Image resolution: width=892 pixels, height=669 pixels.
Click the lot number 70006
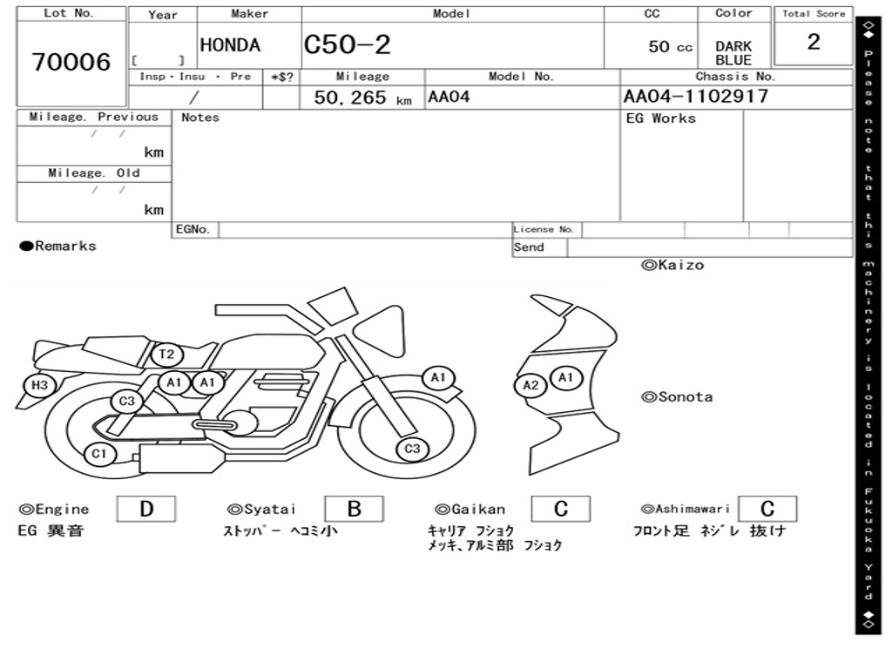pos(71,63)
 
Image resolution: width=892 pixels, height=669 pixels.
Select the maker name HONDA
pos(230,45)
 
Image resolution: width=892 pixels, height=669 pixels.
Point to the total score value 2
pos(814,42)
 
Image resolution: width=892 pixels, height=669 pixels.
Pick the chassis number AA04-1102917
pos(696,96)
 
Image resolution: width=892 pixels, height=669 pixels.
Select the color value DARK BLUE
pos(733,53)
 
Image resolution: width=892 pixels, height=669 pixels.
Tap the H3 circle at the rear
pos(39,385)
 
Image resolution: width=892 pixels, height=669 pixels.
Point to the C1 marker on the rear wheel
pos(99,454)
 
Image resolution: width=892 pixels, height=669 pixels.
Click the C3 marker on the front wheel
pos(412,449)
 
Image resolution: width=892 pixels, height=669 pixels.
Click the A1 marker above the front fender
pos(438,377)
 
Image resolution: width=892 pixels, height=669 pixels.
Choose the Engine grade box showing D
pos(145,509)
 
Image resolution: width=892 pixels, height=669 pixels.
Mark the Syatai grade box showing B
pos(354,509)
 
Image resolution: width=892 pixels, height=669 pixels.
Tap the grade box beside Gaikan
pos(560,509)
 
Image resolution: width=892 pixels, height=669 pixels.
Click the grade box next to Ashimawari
pos(767,509)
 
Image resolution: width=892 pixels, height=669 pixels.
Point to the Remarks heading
pos(58,247)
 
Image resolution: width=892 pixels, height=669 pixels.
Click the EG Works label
pos(661,118)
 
